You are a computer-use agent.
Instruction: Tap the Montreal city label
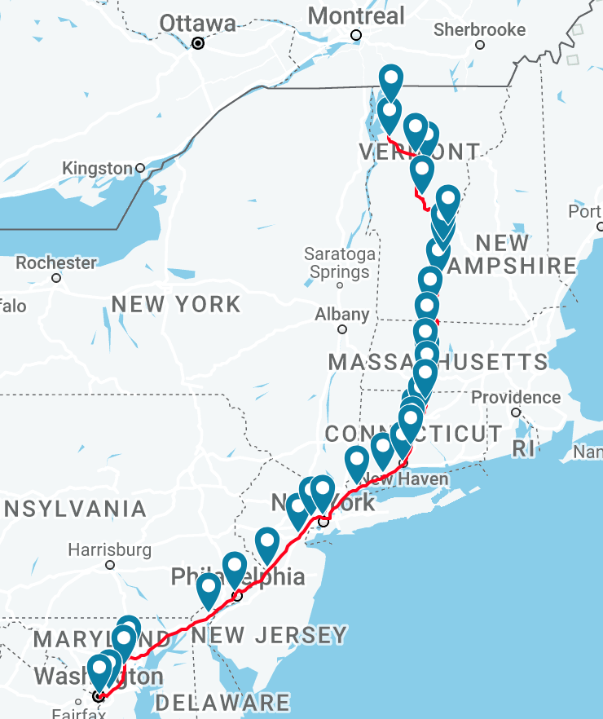(356, 15)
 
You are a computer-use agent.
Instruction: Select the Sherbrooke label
(480, 29)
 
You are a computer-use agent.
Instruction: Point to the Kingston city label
(97, 168)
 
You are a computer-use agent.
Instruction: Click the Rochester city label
(56, 262)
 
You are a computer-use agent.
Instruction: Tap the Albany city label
(342, 314)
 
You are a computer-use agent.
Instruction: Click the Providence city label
(516, 397)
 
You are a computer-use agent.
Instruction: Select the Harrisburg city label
(109, 549)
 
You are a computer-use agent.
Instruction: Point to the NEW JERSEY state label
(270, 635)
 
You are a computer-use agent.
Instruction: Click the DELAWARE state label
(222, 702)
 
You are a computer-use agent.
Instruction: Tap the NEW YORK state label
(176, 304)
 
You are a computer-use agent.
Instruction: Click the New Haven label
(407, 479)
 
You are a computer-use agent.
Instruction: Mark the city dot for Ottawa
(198, 43)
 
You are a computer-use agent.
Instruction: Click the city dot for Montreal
(356, 34)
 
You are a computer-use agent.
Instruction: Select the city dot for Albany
(342, 329)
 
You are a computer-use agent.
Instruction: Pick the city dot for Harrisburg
(110, 564)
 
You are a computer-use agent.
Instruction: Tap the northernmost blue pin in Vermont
(392, 80)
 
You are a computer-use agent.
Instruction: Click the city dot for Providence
(516, 412)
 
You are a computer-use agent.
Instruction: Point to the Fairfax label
(80, 713)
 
